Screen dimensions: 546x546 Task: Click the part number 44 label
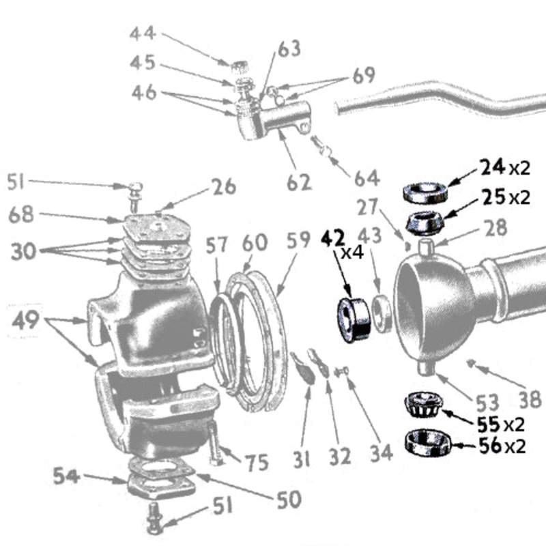click(142, 33)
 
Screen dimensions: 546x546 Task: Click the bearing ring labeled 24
click(426, 192)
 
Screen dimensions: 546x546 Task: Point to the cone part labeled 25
click(426, 221)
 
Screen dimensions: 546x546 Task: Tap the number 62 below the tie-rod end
click(298, 182)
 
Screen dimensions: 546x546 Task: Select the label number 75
click(257, 463)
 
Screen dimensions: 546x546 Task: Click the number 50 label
click(289, 500)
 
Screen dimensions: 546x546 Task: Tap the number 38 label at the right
click(529, 399)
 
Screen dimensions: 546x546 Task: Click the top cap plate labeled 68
click(157, 226)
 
